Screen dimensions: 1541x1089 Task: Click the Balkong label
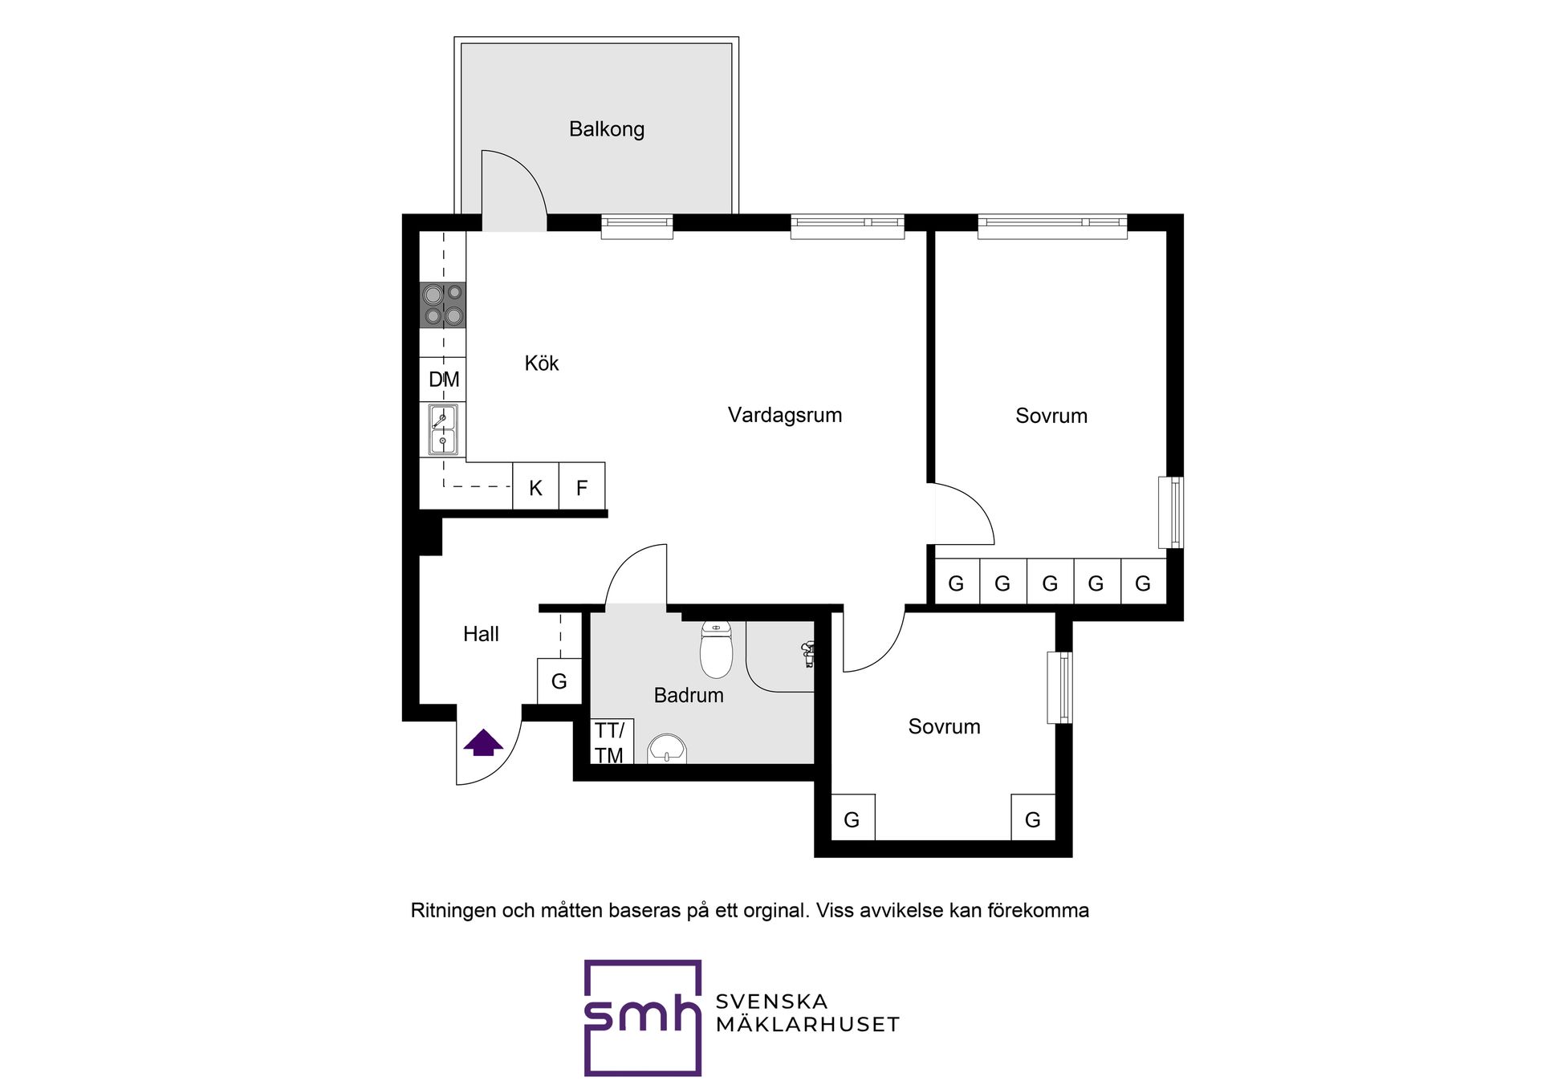[x=606, y=129]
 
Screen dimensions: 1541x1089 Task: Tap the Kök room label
[x=541, y=363]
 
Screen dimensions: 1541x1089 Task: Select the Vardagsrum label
[x=784, y=415]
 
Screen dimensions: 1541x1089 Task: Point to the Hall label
[x=481, y=634]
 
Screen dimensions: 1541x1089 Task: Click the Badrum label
[x=689, y=695]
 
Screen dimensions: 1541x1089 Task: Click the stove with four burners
[x=443, y=305]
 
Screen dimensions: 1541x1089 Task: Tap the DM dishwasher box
[x=443, y=380]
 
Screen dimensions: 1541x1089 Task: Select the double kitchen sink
[x=443, y=430]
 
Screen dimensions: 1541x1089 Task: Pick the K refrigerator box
[x=535, y=486]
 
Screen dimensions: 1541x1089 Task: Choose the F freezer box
[x=582, y=486]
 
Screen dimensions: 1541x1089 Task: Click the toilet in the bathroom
[x=717, y=649]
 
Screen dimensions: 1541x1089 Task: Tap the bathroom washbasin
[x=667, y=749]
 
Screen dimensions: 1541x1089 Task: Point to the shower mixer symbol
[x=807, y=654]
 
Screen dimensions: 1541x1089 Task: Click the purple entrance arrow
[x=483, y=742]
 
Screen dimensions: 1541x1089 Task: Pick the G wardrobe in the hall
[x=559, y=681]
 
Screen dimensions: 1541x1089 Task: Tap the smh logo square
[x=643, y=1018]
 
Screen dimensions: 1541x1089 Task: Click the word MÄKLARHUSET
[x=807, y=1024]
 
